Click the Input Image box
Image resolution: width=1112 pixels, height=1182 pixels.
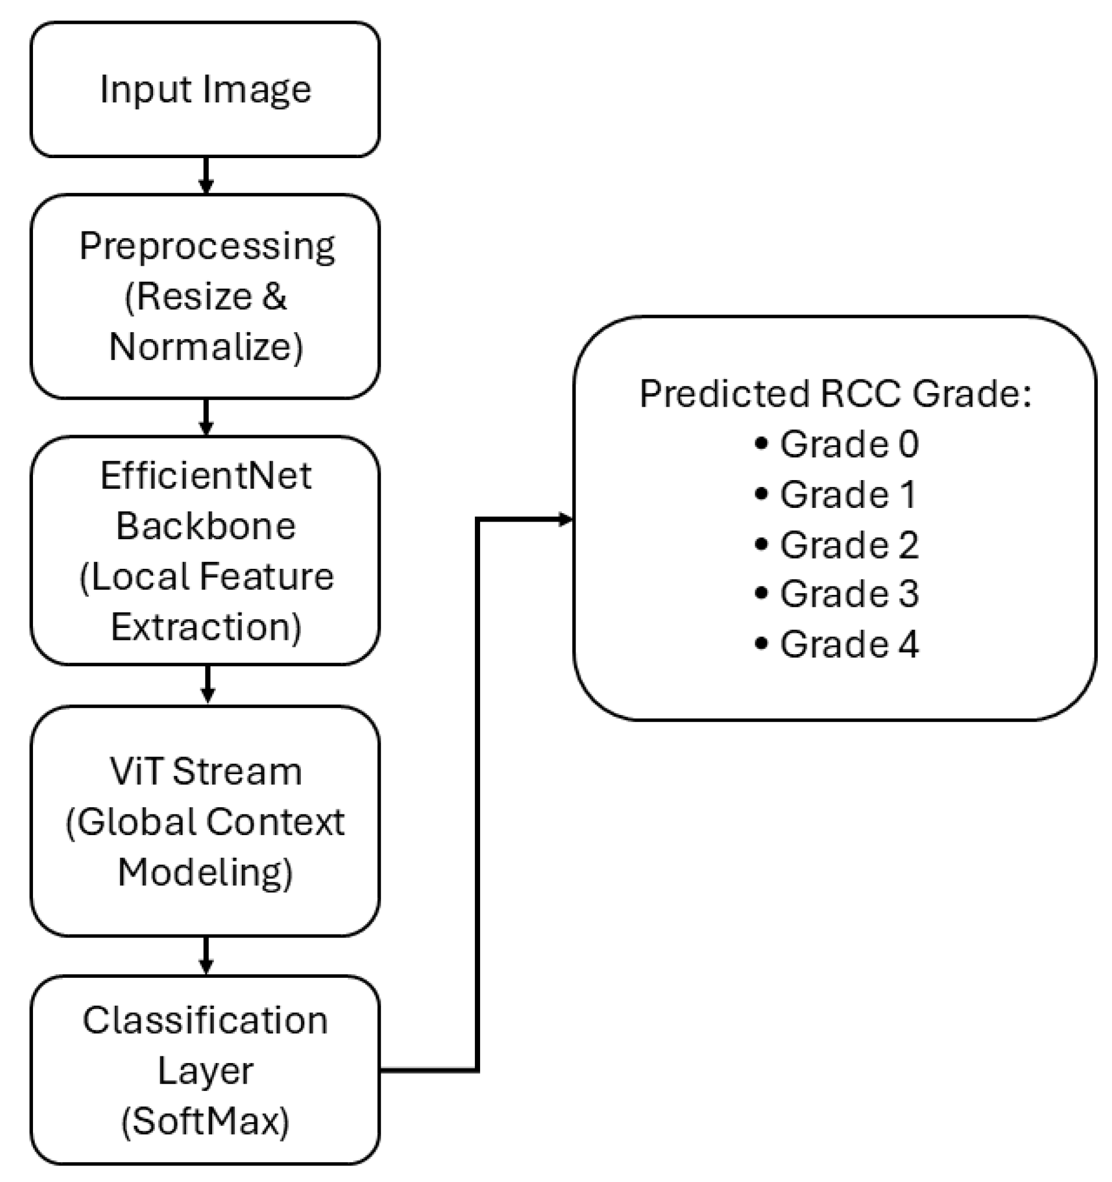(205, 90)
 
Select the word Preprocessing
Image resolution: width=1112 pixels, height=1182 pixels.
(207, 246)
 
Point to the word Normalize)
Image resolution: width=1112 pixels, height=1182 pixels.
(206, 346)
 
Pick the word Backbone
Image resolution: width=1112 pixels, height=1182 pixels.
(206, 526)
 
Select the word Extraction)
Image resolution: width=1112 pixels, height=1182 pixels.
(206, 627)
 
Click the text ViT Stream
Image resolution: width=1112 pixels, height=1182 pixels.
(206, 772)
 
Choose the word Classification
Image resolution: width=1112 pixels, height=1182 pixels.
(206, 1021)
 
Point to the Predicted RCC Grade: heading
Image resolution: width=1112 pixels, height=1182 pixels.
(835, 394)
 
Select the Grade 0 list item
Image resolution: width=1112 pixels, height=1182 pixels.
(849, 444)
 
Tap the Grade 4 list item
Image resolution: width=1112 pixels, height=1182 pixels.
(849, 644)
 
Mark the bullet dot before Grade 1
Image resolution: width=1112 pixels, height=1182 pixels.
(761, 494)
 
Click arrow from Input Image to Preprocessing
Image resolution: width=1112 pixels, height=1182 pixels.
(206, 175)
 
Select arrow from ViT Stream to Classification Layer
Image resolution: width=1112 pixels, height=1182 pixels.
(206, 956)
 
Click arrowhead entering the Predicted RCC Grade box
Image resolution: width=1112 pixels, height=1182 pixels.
(564, 520)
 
